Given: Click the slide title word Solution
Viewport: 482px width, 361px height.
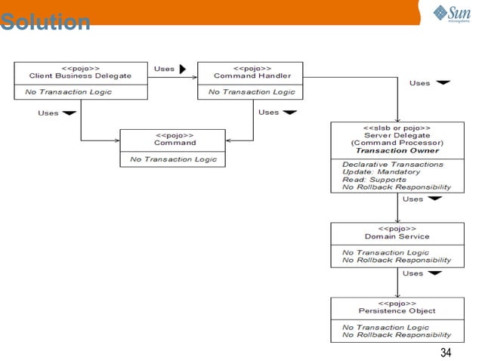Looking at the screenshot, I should [x=45, y=23].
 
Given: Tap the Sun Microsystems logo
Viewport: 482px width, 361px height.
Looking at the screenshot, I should [x=451, y=14].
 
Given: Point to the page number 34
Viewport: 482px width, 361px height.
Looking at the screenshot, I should [x=445, y=353].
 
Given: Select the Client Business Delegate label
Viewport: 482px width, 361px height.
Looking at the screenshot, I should [x=80, y=76].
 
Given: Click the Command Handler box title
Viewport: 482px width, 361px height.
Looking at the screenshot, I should [x=252, y=76].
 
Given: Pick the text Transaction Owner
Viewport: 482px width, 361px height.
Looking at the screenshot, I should [x=397, y=150].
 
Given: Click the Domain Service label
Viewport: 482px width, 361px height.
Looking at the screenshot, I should [x=397, y=236].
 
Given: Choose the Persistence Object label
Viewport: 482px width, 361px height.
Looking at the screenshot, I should [x=397, y=310].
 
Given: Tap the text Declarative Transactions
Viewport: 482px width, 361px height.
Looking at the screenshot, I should [x=393, y=164].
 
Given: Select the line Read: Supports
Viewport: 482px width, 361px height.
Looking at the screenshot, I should [x=374, y=179].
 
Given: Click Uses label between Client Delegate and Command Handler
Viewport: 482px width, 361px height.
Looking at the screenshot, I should [x=164, y=69].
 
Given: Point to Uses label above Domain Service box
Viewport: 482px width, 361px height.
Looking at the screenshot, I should [x=412, y=199].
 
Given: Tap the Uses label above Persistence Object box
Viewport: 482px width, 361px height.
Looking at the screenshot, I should [x=412, y=273].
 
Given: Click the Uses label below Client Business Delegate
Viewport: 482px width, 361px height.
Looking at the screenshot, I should [x=48, y=113].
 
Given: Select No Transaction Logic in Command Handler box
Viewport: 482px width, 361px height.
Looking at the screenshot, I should [x=252, y=91].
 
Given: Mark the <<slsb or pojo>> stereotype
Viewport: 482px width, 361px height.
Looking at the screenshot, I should [x=397, y=128].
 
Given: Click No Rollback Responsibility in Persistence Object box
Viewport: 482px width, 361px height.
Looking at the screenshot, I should [x=397, y=335].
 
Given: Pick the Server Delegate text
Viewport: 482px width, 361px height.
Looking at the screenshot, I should [x=397, y=135].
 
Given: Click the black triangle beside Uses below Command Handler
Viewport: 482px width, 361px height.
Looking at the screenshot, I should [x=289, y=113].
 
